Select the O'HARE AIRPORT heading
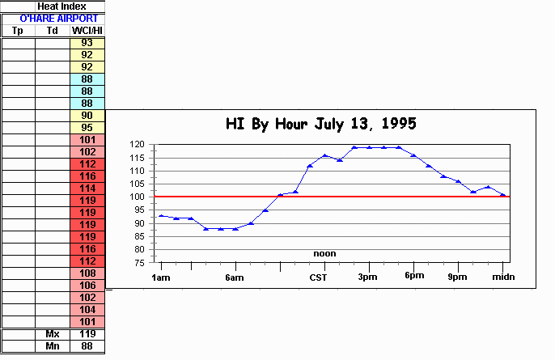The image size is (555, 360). (x=53, y=18)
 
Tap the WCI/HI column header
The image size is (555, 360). (x=87, y=31)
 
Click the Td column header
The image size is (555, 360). (x=53, y=31)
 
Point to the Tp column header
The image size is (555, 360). (x=18, y=31)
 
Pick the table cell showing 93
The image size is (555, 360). (x=87, y=43)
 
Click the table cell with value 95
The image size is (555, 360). (x=87, y=128)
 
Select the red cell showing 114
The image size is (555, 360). (x=87, y=188)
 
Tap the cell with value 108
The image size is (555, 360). (x=87, y=273)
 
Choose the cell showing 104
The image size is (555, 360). (x=87, y=310)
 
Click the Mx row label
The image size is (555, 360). (x=53, y=334)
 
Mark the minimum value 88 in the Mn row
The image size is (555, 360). (x=87, y=346)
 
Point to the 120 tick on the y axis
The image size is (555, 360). (x=137, y=144)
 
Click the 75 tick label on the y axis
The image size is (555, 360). (x=139, y=262)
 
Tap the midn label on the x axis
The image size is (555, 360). (x=503, y=277)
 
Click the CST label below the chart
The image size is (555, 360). (x=318, y=277)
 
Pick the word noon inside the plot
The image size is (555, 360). (x=324, y=253)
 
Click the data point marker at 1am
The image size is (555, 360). (x=162, y=215)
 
